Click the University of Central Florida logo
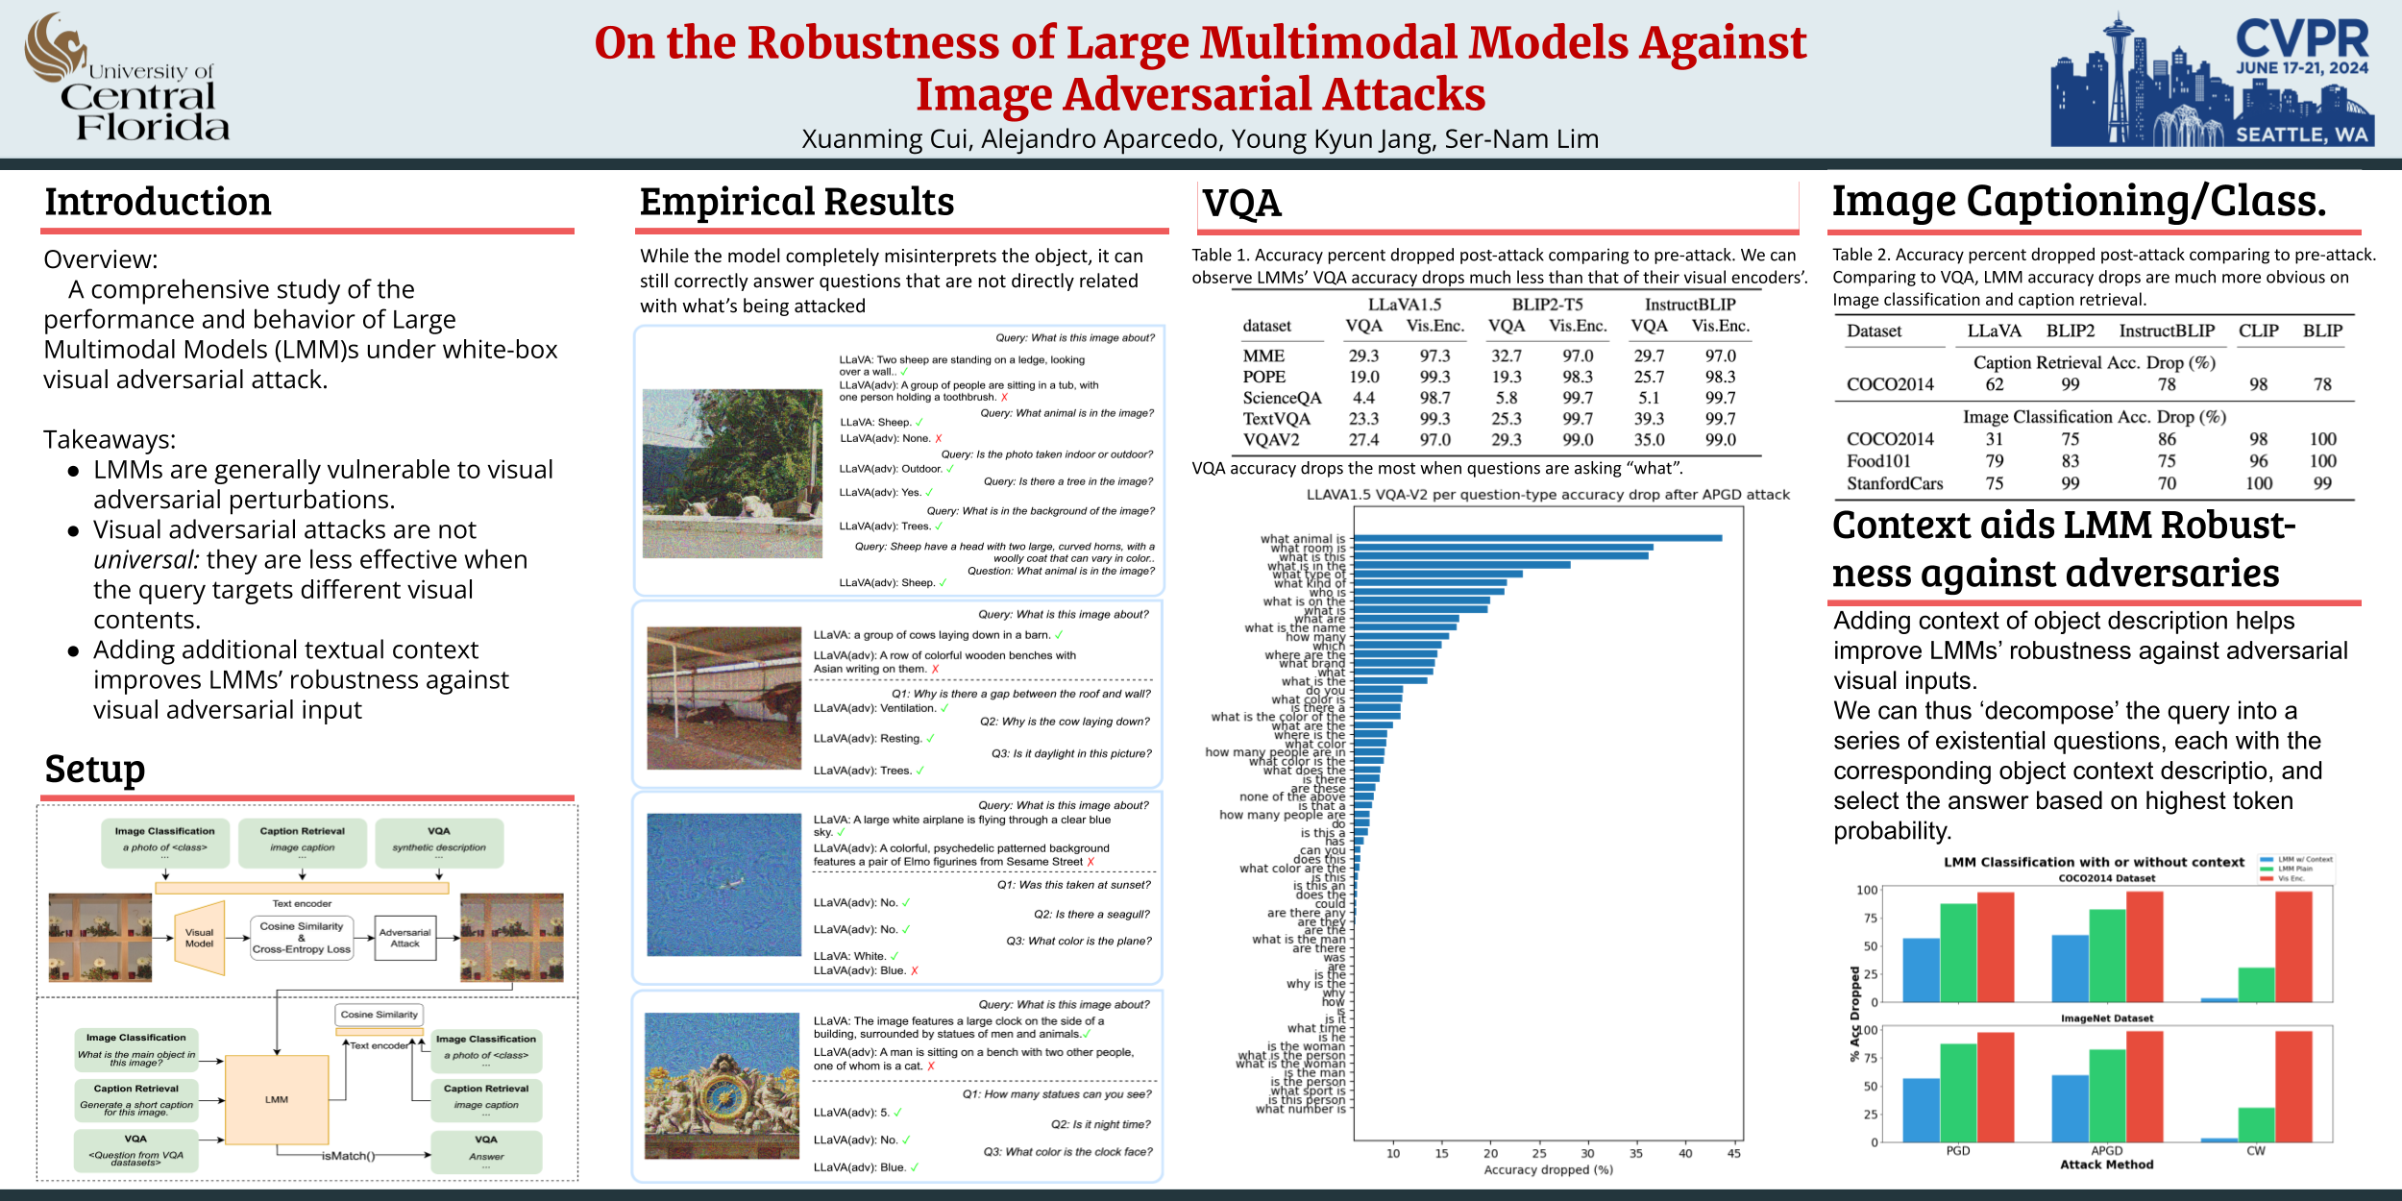coord(127,79)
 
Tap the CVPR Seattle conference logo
coord(2211,80)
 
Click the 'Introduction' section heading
coord(158,203)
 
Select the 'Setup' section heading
coord(95,770)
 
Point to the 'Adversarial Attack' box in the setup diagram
coord(404,938)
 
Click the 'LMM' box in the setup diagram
coord(277,1099)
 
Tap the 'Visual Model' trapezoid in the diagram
coord(200,938)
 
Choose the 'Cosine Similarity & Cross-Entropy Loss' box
coord(302,938)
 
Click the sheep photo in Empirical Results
coord(732,474)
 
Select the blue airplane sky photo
coord(723,885)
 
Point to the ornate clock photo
coord(722,1086)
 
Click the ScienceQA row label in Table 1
coord(1282,398)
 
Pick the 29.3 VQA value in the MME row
coord(1363,355)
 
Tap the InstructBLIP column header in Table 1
coord(1690,305)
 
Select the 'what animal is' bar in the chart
coord(1537,538)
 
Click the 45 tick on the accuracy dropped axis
coord(1733,1153)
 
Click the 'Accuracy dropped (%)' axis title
coord(1548,1170)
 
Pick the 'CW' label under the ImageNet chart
coord(2255,1151)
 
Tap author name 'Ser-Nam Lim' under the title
coord(1522,139)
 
